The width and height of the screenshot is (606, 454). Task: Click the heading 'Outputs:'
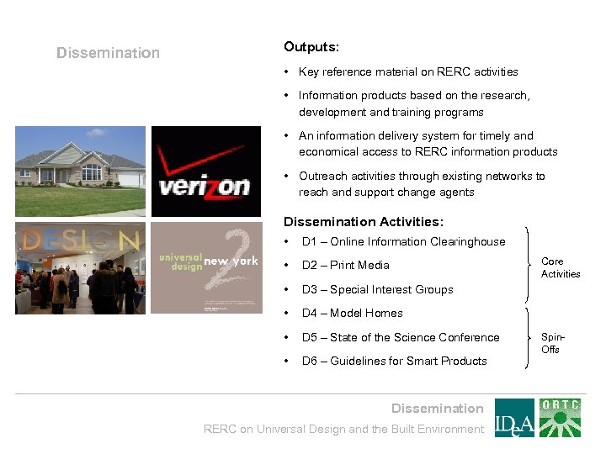coord(311,47)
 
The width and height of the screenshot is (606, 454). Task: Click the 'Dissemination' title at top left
coord(108,53)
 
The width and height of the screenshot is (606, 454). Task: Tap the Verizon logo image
coord(205,172)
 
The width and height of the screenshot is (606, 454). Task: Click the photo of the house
coord(80,171)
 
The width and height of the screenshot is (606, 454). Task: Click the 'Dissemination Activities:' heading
coord(364,222)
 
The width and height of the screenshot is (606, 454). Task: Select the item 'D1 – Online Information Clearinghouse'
coord(403,241)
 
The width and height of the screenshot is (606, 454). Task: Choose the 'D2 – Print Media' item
coord(345,266)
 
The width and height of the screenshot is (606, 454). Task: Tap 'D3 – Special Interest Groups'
coord(377,289)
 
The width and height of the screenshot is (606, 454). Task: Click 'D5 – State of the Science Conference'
coord(401,337)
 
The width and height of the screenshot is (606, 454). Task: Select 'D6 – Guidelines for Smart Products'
coord(394,361)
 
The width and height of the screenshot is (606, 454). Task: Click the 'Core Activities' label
coord(561,267)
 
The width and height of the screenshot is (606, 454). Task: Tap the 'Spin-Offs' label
coord(552,343)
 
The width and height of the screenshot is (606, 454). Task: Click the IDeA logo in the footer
coord(513,418)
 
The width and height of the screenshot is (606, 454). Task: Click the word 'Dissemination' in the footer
coord(437,409)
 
